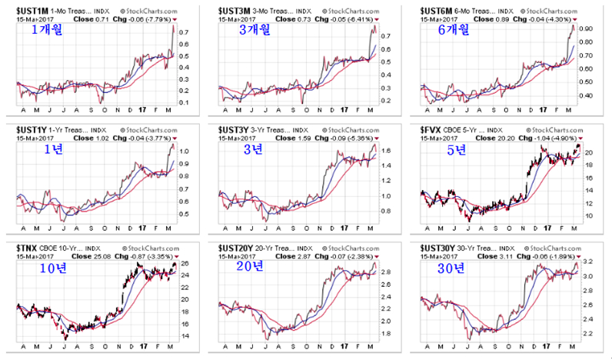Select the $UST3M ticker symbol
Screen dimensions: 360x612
pos(231,9)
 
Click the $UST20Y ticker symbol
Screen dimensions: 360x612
pos(234,247)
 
